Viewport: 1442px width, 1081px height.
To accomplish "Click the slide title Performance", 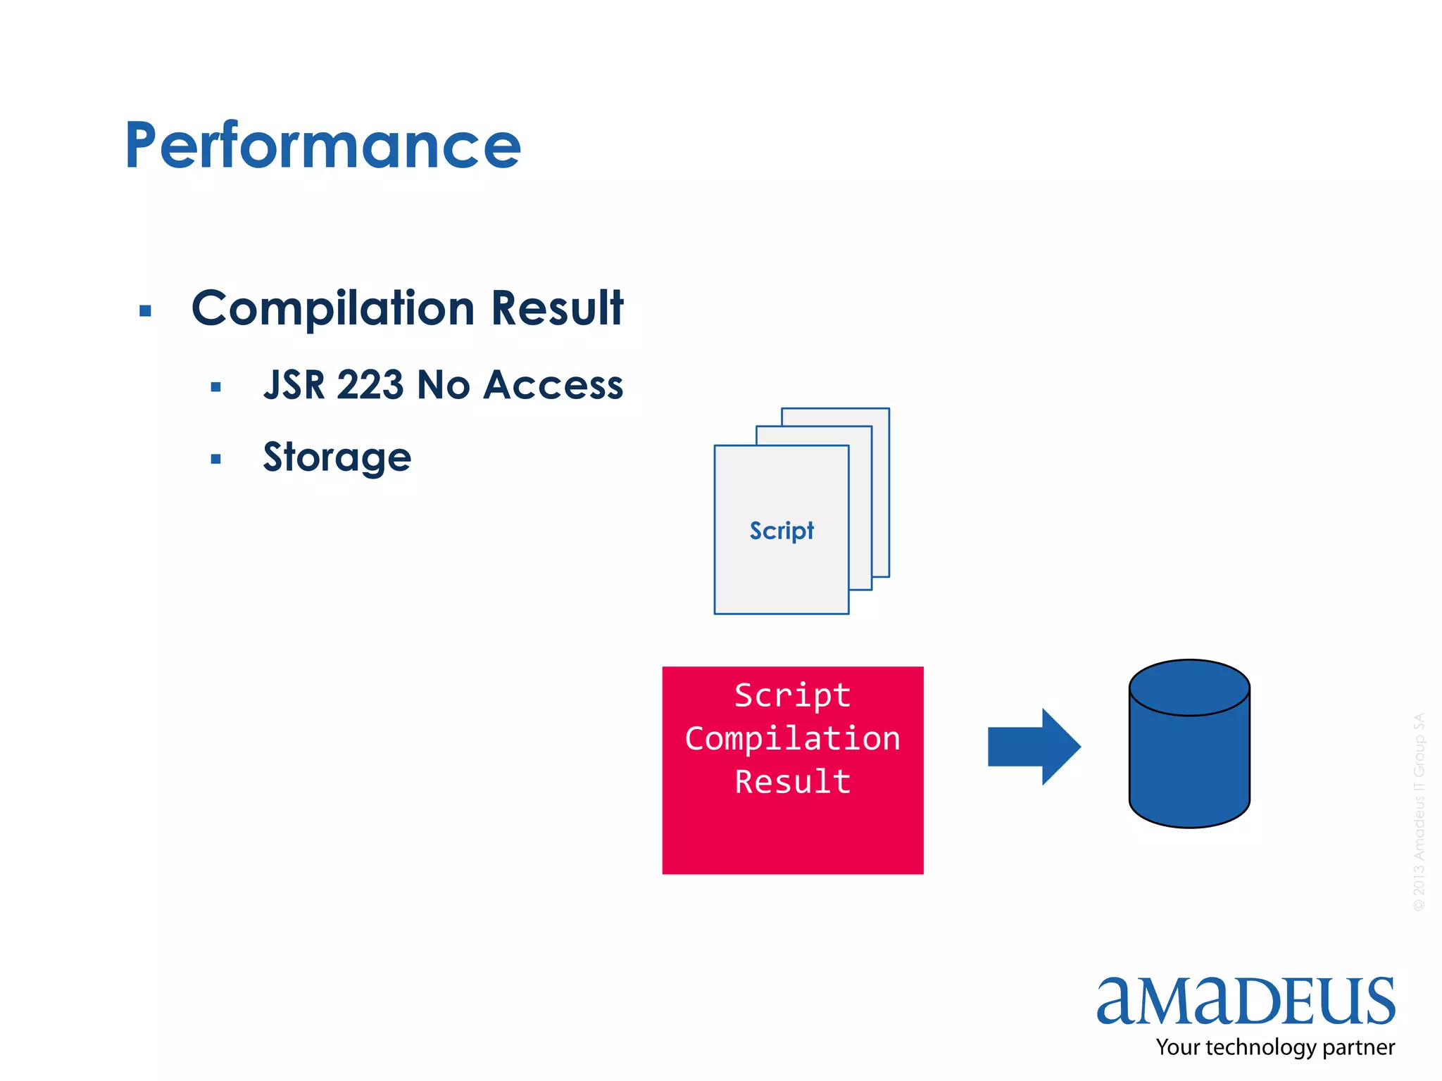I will click(322, 146).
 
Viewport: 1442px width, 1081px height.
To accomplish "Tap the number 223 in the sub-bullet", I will click(370, 385).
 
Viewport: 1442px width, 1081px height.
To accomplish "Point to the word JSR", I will click(294, 385).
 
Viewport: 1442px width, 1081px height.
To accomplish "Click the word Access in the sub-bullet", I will click(553, 385).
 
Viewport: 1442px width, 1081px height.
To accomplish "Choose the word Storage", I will click(337, 457).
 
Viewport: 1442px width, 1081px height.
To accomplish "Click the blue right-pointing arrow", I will click(1033, 747).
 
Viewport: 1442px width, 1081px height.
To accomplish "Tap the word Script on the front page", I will click(782, 531).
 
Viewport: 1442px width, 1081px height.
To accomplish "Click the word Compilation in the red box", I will click(793, 739).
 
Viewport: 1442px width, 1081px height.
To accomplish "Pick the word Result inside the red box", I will click(793, 782).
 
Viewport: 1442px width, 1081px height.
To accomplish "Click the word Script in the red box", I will click(793, 695).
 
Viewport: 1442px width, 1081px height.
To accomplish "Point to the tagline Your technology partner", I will click(1275, 1047).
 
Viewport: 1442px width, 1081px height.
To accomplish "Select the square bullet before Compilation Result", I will click(146, 311).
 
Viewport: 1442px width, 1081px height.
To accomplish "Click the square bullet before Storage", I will click(216, 460).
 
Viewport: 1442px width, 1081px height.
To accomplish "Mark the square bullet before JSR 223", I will click(216, 387).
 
